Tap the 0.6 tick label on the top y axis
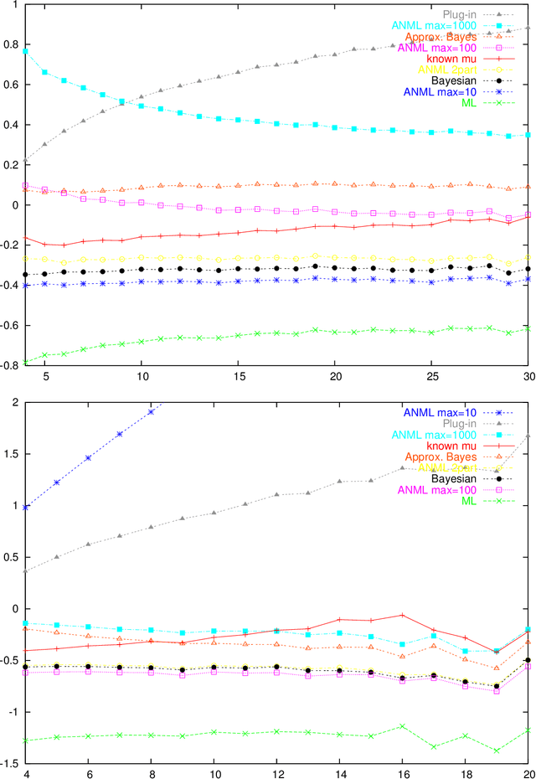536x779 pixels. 12,85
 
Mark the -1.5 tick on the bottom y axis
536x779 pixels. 10,763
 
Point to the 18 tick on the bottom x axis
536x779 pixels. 466,772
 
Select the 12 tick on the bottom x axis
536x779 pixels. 276,772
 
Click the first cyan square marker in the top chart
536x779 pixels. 25,51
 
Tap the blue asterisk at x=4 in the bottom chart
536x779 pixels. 25,507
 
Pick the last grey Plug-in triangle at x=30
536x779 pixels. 528,28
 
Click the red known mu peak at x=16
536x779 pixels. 402,615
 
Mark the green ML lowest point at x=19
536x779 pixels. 497,751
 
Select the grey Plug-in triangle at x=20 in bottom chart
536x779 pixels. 528,436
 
